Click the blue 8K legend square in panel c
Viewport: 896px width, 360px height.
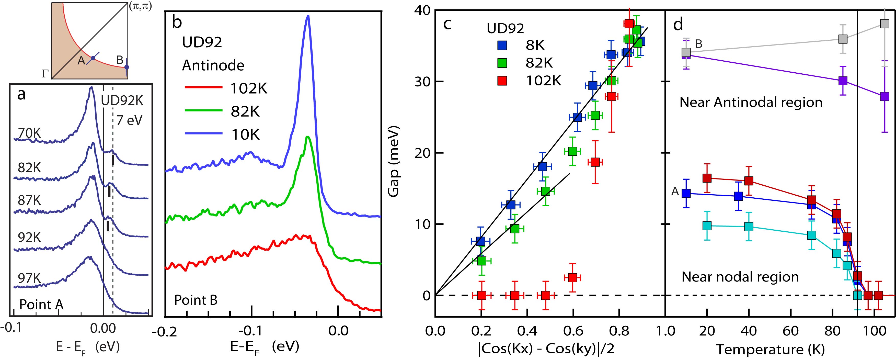[x=502, y=45]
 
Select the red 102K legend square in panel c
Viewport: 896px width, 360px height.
[x=502, y=81]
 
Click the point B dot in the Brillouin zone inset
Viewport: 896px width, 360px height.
[x=127, y=67]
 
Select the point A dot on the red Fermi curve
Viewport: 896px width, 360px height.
[x=93, y=58]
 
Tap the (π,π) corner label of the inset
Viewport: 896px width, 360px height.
[x=140, y=7]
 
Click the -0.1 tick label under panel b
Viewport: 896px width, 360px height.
[x=251, y=330]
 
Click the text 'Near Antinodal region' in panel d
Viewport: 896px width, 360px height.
[x=751, y=102]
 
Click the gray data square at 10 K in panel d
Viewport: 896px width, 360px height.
[x=686, y=52]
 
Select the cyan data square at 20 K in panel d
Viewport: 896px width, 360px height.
[x=707, y=226]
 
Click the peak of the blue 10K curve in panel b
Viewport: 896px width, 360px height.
[x=307, y=17]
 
